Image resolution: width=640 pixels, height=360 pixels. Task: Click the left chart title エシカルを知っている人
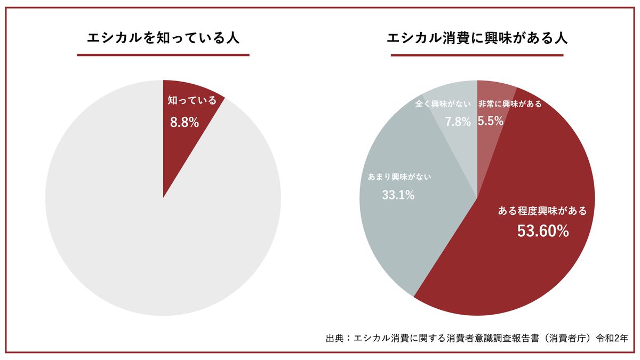(163, 39)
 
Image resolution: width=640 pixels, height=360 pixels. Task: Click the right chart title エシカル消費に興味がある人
(477, 39)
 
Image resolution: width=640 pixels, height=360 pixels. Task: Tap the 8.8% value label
(184, 122)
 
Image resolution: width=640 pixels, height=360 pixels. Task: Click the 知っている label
(192, 100)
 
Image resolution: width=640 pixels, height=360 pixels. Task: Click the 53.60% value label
(543, 231)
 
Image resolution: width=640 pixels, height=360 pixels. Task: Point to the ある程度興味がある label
(542, 211)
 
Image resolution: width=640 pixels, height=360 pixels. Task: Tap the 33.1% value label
(398, 195)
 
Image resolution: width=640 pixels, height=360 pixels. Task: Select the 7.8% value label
(458, 122)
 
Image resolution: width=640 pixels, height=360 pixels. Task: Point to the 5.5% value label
(490, 122)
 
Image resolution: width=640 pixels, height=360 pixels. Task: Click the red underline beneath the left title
(163, 54)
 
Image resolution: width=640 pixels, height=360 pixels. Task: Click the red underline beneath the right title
(477, 54)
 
